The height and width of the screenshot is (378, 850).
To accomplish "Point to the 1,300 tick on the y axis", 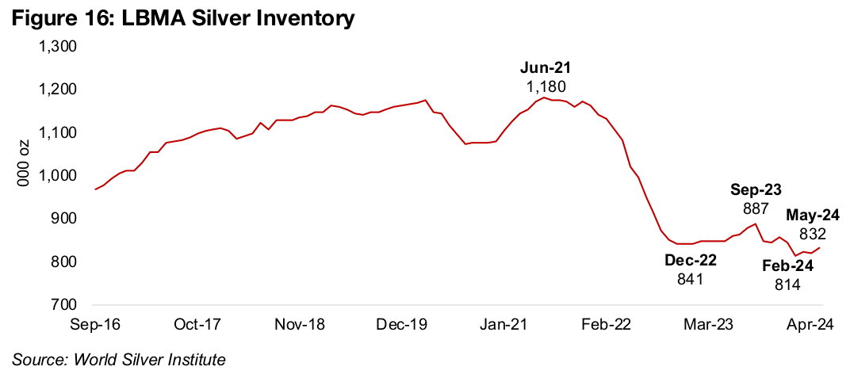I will (x=58, y=47).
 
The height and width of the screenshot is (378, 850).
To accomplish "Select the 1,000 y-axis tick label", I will (x=58, y=176).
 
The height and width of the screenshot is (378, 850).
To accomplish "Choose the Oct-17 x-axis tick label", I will (x=196, y=324).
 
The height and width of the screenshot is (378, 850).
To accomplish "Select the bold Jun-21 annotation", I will (x=546, y=68).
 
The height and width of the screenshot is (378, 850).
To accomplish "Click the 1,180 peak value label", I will (x=546, y=86).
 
